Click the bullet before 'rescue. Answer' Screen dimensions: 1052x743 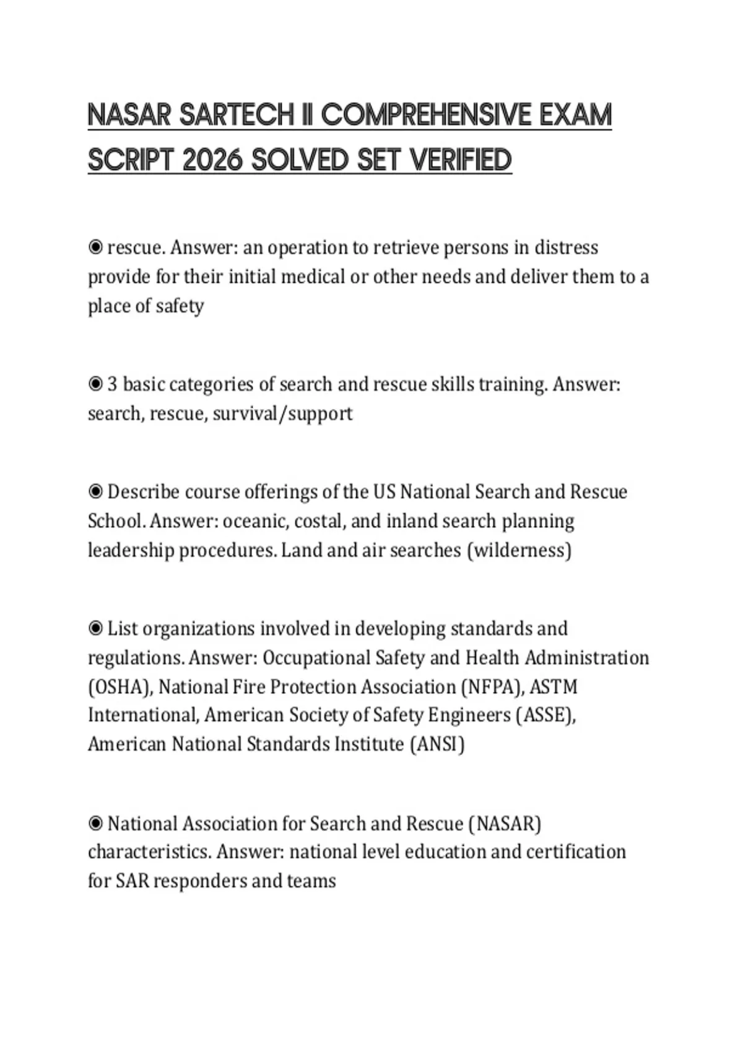(95, 248)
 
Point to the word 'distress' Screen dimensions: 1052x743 (566, 248)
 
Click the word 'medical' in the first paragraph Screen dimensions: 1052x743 (312, 277)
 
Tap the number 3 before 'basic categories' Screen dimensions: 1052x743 (112, 384)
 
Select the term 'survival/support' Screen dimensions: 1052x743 (282, 413)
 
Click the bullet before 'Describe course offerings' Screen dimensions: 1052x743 (95, 492)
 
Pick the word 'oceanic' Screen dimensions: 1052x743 (255, 521)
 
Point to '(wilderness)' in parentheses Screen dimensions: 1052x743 (519, 550)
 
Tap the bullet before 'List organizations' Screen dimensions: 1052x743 (95, 629)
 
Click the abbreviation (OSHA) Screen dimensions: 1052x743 (121, 687)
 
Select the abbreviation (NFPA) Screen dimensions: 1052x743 (490, 687)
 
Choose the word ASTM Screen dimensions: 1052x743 (554, 687)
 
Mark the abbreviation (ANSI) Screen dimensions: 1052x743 (437, 744)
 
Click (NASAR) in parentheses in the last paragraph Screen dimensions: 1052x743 (505, 824)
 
